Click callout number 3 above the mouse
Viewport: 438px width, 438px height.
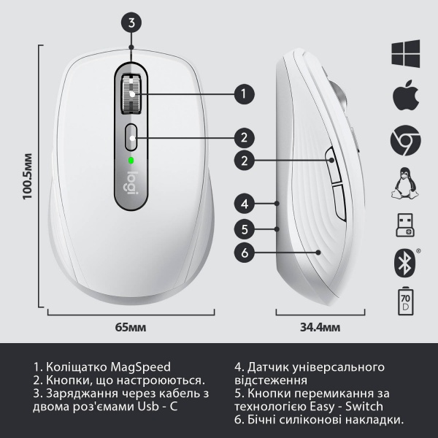click(131, 23)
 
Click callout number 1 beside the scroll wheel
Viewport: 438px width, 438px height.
click(245, 93)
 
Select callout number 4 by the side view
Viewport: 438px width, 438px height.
click(245, 204)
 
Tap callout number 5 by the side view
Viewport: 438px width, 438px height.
click(245, 229)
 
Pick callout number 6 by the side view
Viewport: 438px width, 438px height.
click(245, 253)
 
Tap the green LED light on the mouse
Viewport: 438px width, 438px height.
click(131, 161)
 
